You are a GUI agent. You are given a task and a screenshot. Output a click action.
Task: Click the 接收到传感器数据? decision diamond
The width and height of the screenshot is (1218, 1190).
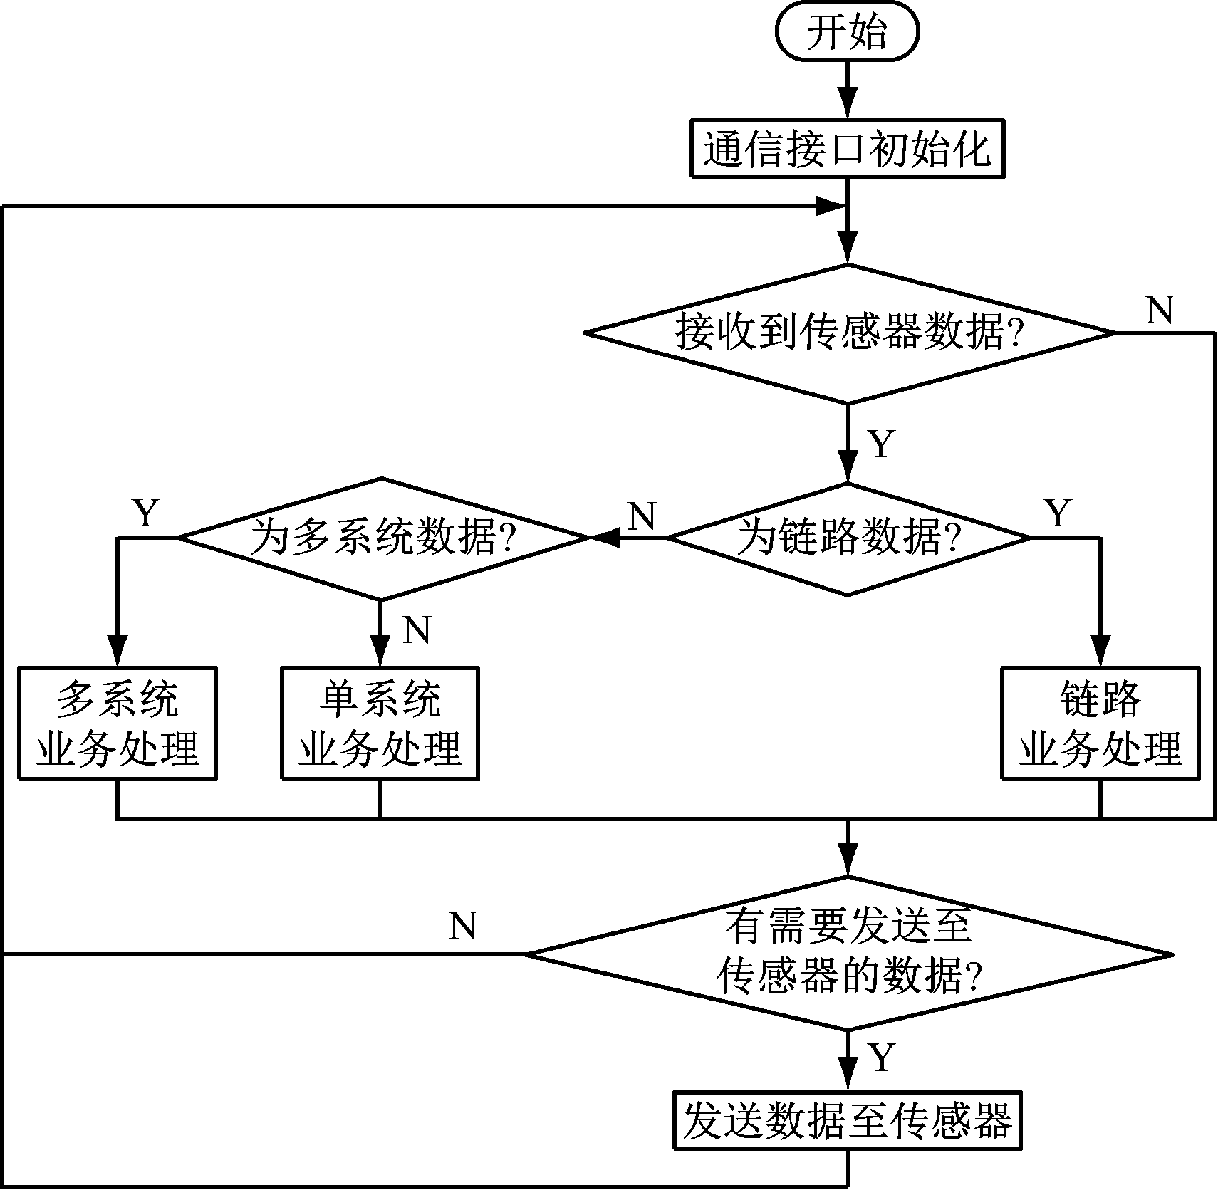(x=848, y=333)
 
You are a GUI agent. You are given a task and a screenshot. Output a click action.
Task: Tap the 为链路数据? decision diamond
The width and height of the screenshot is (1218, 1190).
(x=848, y=538)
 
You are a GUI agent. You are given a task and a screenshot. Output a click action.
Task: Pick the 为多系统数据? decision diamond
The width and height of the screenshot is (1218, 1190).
(x=381, y=538)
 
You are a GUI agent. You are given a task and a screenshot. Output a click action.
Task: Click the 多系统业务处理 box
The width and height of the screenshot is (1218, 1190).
(x=118, y=723)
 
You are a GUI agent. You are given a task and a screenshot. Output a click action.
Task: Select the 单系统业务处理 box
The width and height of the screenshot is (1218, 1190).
(x=380, y=723)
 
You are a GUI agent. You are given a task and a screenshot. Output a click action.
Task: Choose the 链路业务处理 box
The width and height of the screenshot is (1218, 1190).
(x=1100, y=723)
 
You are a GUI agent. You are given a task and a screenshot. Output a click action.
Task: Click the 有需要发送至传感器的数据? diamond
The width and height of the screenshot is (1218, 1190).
(x=848, y=953)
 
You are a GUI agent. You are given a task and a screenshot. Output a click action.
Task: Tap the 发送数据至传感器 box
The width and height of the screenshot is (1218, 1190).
(x=847, y=1121)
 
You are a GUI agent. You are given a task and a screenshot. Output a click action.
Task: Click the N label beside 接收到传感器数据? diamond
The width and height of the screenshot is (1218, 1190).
(x=1159, y=310)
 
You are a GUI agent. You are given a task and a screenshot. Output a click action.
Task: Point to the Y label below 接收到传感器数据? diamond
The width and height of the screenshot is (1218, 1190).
(x=882, y=444)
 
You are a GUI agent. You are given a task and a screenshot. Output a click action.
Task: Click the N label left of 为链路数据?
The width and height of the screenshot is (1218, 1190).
(x=642, y=516)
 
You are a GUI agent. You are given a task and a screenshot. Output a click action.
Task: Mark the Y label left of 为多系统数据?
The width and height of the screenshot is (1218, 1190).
(x=146, y=513)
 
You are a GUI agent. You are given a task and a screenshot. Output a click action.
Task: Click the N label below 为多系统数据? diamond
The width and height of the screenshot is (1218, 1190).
(x=417, y=630)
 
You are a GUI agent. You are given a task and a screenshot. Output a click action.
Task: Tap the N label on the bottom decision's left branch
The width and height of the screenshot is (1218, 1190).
(x=463, y=926)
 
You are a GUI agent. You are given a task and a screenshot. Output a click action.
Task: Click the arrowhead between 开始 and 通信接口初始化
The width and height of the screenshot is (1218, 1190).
(x=847, y=103)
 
